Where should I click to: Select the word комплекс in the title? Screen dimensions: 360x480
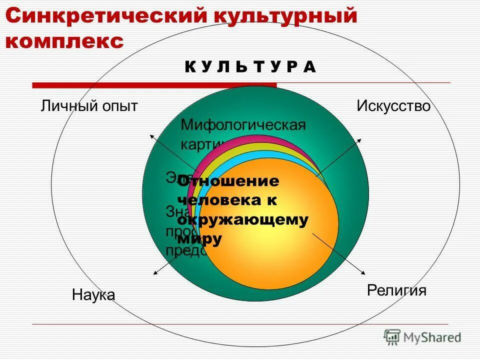pyautogui.click(x=64, y=41)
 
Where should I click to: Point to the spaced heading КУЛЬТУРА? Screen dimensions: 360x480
pyautogui.click(x=250, y=67)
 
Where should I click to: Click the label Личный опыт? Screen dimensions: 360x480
pyautogui.click(x=89, y=106)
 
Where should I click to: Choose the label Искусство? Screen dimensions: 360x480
pyautogui.click(x=393, y=106)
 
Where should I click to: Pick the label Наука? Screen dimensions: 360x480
pyautogui.click(x=93, y=294)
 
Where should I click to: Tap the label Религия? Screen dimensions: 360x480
pyautogui.click(x=397, y=290)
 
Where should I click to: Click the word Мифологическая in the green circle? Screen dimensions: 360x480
pyautogui.click(x=243, y=124)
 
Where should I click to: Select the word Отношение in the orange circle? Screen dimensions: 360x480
pyautogui.click(x=228, y=181)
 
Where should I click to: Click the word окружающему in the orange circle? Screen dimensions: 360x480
pyautogui.click(x=243, y=219)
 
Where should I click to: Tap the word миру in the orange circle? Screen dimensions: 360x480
pyautogui.click(x=199, y=238)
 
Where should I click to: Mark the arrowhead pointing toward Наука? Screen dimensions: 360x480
pyautogui.click(x=154, y=273)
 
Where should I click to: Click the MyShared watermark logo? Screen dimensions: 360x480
pyautogui.click(x=422, y=337)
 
